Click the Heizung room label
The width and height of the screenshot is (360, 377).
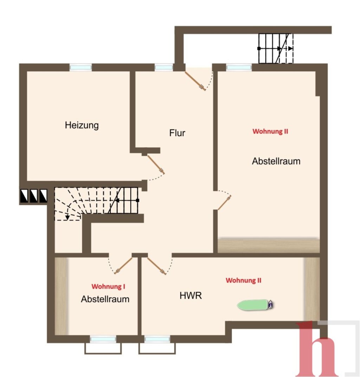pyautogui.click(x=82, y=125)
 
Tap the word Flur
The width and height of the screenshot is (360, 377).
pyautogui.click(x=177, y=133)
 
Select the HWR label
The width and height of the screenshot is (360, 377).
pyautogui.click(x=191, y=295)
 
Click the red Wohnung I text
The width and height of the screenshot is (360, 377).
pyautogui.click(x=108, y=286)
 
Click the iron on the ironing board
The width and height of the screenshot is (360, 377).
pyautogui.click(x=271, y=304)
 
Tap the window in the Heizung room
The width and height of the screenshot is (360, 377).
pyautogui.click(x=81, y=67)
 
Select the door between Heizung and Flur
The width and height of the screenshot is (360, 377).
pyautogui.click(x=156, y=165)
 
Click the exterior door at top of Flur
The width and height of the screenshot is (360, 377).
pyautogui.click(x=195, y=81)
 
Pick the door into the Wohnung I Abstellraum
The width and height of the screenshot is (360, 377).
pyautogui.click(x=123, y=266)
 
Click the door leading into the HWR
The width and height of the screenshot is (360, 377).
pyautogui.click(x=156, y=266)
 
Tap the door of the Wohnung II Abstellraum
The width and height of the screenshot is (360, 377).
pyautogui.click(x=224, y=203)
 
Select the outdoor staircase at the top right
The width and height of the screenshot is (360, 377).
pyautogui.click(x=276, y=48)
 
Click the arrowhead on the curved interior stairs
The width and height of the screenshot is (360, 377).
pyautogui.click(x=67, y=217)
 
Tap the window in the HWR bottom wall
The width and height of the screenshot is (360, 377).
pyautogui.click(x=157, y=339)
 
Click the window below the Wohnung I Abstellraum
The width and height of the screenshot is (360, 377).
pyautogui.click(x=103, y=339)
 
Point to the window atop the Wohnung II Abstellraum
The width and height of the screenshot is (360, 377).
pyautogui.click(x=239, y=67)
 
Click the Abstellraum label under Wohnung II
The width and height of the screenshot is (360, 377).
pyautogui.click(x=276, y=161)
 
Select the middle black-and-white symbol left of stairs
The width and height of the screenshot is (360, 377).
pyautogui.click(x=33, y=196)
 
